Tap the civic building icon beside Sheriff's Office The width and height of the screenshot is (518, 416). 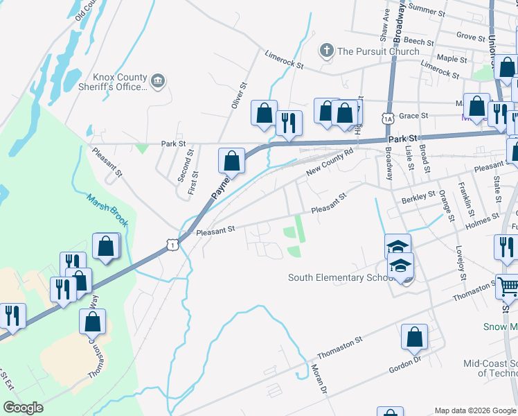pos(159,82)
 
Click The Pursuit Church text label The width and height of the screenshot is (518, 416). pos(378,51)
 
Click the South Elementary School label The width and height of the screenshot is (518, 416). pos(336,278)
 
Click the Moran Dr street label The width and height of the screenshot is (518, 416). pos(319,379)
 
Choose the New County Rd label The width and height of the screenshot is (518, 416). pos(330,161)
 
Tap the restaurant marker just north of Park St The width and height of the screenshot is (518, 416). pos(288,123)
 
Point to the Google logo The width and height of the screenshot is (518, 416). pos(23,408)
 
